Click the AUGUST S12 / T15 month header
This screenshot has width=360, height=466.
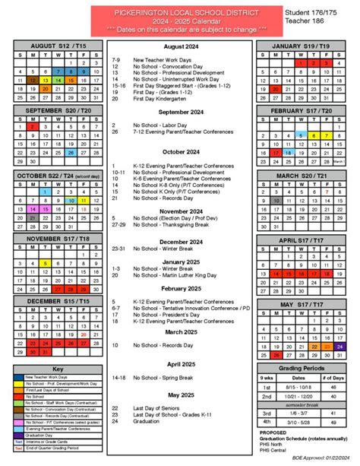pos(58,47)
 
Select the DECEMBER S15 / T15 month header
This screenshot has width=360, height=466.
pos(58,303)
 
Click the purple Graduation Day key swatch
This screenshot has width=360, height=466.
pos(19,435)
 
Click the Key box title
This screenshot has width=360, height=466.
pos(58,369)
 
